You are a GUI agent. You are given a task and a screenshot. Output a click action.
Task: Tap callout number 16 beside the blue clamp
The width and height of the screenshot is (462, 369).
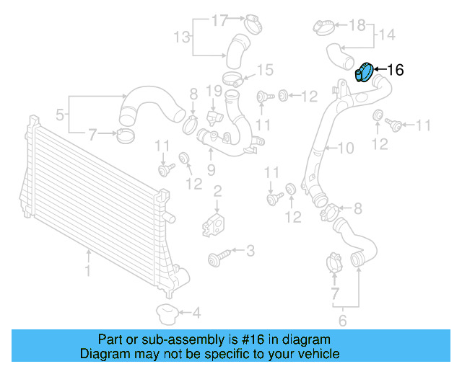coord(396,70)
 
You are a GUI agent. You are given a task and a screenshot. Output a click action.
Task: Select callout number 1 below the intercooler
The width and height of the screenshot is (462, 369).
coord(88,272)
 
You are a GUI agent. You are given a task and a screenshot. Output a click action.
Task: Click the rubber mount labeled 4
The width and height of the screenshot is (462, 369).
coord(167,313)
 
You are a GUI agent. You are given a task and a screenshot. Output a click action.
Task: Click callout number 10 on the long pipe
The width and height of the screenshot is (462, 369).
coord(346,148)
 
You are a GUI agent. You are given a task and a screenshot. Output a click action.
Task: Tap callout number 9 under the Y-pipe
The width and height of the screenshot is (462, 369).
coord(212,170)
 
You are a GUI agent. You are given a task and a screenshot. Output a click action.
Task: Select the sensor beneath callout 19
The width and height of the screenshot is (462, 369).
coord(212,116)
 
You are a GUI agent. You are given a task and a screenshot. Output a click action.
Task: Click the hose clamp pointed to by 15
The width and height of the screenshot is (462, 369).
coord(233,77)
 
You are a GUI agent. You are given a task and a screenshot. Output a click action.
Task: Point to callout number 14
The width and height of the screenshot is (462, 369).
coord(387,35)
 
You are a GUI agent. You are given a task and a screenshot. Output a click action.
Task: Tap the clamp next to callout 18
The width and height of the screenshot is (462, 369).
coord(324,27)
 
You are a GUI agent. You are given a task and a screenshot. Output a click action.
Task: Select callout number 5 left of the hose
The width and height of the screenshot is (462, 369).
coord(60,113)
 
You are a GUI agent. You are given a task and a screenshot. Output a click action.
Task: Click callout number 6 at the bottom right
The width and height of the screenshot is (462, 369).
coord(343,321)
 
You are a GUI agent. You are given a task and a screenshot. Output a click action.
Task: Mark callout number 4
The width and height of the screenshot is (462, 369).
coord(196,313)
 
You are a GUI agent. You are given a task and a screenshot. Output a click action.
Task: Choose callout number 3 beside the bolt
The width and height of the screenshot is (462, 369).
coord(250,251)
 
